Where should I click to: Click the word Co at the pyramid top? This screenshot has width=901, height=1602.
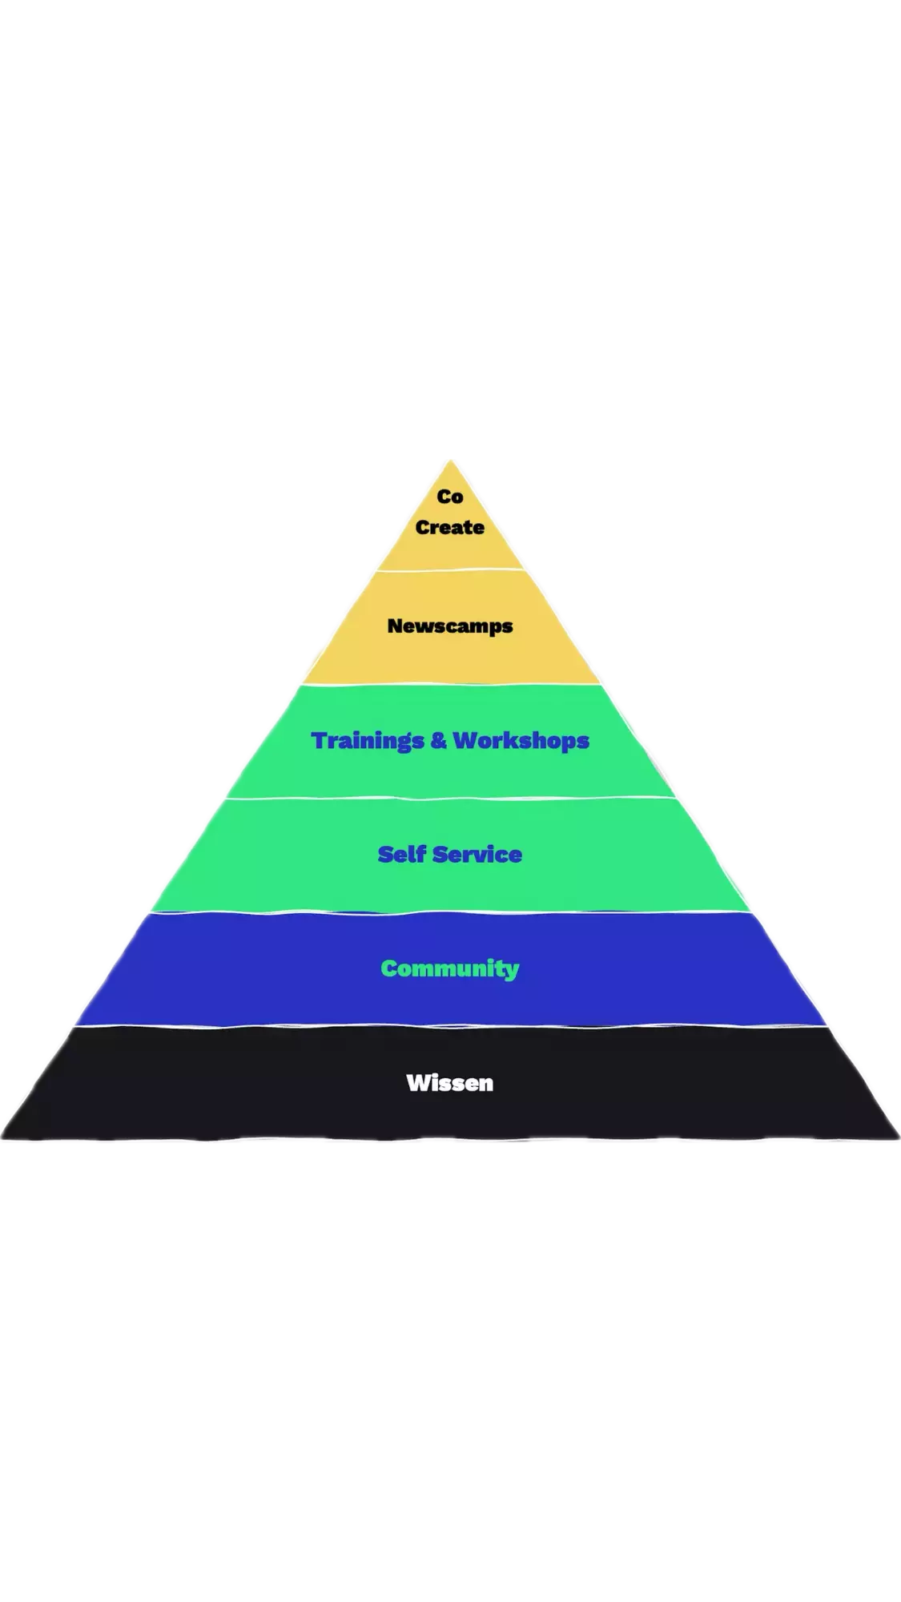450,497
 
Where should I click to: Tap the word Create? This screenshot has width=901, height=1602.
450,527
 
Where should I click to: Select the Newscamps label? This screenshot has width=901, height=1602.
450,626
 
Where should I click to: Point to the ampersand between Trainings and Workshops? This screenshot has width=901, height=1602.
438,740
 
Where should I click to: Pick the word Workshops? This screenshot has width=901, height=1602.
521,740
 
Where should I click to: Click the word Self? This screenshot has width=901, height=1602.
401,855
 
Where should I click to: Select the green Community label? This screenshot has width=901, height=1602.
450,968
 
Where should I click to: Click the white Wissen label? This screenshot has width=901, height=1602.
450,1083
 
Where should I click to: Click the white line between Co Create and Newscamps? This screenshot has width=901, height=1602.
450,570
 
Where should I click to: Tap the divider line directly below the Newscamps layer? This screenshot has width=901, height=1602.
450,684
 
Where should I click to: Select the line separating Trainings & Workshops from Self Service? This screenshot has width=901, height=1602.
450,798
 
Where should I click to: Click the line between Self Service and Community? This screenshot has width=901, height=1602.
450,912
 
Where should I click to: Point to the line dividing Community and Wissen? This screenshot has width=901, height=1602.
450,1025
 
